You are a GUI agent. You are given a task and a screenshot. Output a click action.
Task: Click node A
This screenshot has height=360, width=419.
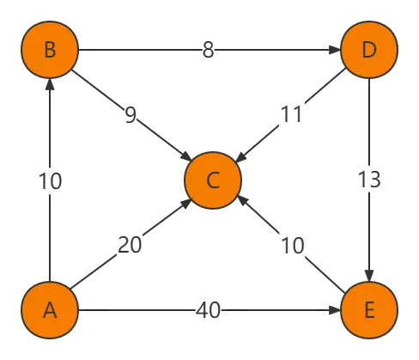click(x=50, y=310)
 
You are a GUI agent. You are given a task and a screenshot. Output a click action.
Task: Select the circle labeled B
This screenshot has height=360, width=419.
click(x=50, y=50)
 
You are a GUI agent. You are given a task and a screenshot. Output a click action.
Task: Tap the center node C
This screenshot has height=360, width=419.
click(x=213, y=180)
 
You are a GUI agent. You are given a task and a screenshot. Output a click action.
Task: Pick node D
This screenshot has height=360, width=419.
click(x=369, y=50)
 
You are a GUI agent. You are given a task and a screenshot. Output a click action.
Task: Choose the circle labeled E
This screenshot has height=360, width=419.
click(x=369, y=310)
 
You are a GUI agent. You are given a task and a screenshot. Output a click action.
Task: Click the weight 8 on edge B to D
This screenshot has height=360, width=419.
click(x=208, y=50)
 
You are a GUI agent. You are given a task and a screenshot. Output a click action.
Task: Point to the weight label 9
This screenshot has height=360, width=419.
click(x=131, y=115)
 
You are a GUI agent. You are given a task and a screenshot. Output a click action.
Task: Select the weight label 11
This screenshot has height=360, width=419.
click(x=291, y=114)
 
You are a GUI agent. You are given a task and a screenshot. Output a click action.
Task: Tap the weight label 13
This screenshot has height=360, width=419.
click(x=369, y=180)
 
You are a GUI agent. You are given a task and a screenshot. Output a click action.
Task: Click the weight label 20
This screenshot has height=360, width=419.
click(x=130, y=245)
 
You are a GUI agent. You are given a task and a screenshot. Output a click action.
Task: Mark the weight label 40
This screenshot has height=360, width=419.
click(x=208, y=310)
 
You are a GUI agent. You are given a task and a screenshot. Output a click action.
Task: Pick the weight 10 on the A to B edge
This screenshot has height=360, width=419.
click(x=50, y=181)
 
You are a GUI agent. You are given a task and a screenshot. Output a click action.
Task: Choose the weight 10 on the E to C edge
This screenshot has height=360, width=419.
click(x=293, y=246)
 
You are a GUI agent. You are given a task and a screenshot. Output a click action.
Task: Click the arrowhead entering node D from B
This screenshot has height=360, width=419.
click(x=335, y=50)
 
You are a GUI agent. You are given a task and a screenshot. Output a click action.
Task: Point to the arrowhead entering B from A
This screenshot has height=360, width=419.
click(x=50, y=84)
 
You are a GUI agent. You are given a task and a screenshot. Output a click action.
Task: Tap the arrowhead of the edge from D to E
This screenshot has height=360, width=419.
click(x=369, y=276)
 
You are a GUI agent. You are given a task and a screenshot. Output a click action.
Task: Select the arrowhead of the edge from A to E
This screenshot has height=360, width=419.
click(x=335, y=310)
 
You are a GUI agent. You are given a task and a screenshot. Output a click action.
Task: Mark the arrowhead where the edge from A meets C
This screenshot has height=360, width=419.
click(x=186, y=204)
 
